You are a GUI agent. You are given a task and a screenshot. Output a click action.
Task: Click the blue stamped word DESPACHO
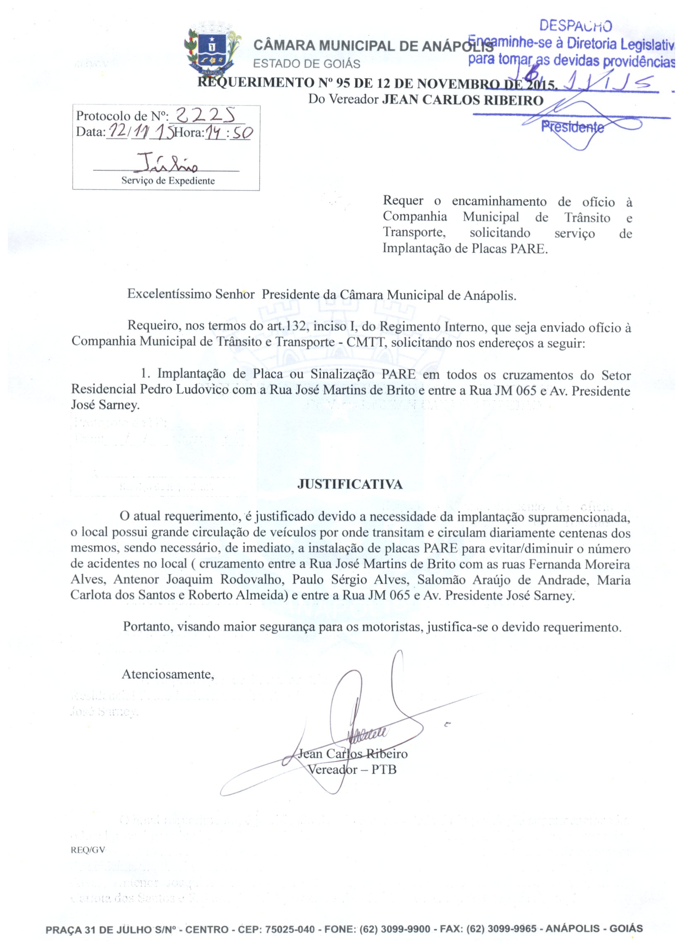(575, 26)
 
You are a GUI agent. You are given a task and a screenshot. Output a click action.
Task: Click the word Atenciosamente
(168, 674)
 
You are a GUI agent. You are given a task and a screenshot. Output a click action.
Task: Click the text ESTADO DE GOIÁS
(307, 64)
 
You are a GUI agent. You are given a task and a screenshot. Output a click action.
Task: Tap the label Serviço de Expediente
(168, 181)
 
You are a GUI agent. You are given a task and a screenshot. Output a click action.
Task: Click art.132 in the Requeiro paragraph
(287, 326)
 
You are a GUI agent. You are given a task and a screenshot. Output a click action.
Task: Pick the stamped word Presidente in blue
(573, 127)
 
